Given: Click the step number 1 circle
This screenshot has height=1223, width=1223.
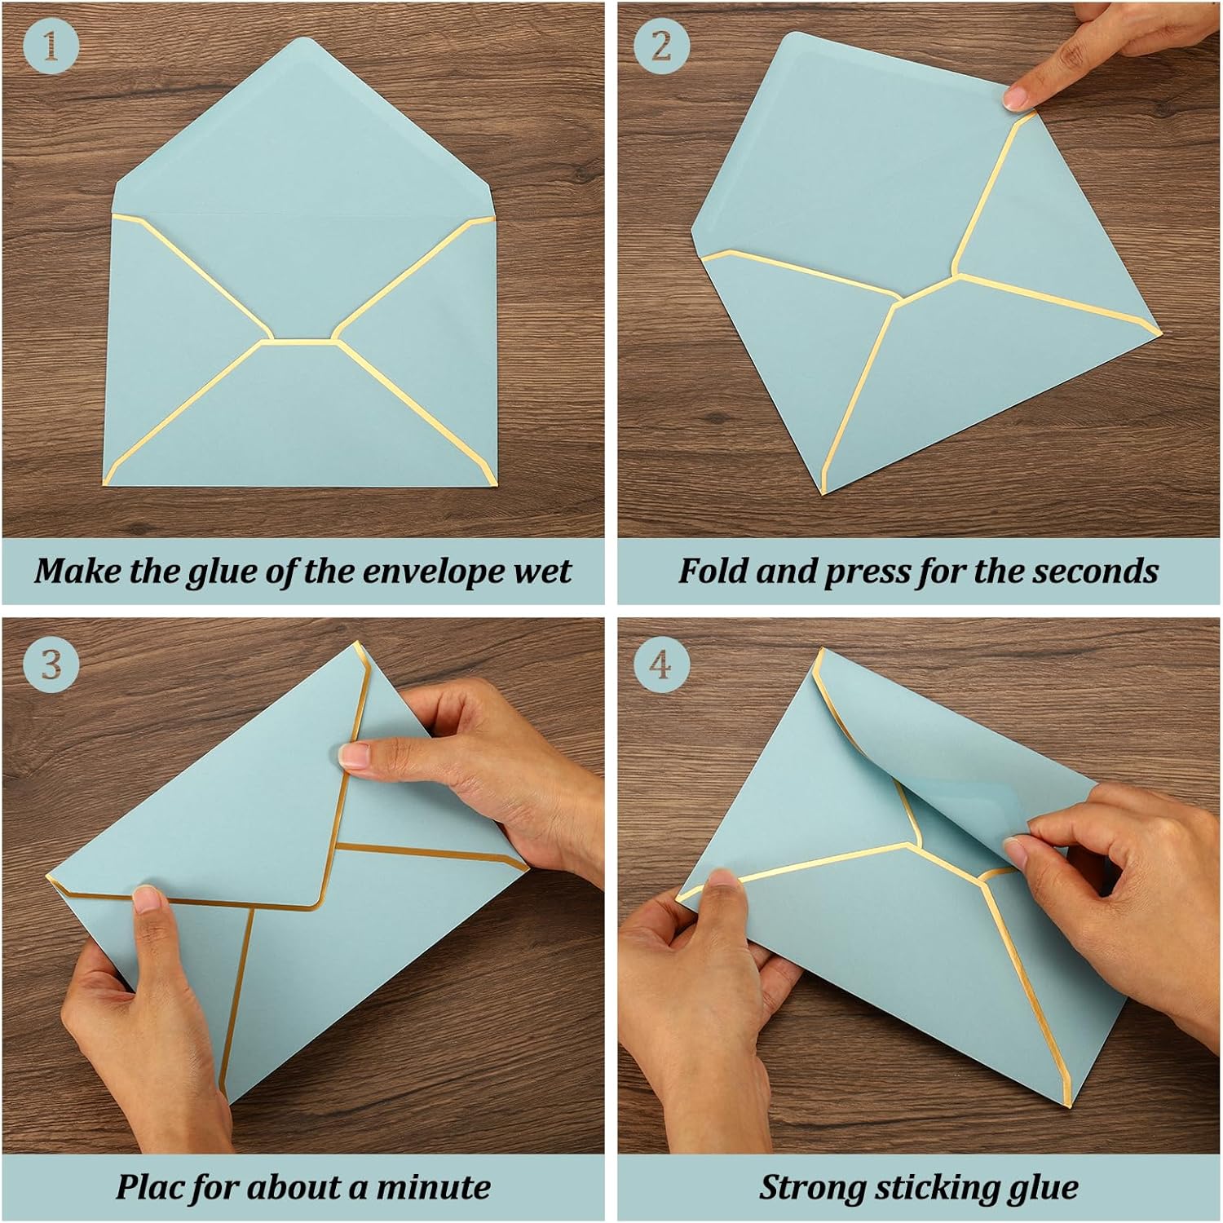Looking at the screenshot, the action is [x=51, y=46].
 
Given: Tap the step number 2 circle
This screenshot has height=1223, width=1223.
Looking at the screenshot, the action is [x=662, y=46].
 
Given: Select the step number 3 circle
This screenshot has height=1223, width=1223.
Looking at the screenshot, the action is [x=51, y=664].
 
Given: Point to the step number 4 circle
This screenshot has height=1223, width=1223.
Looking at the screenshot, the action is [x=662, y=664].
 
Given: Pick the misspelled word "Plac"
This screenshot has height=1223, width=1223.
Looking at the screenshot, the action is [x=148, y=1186].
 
